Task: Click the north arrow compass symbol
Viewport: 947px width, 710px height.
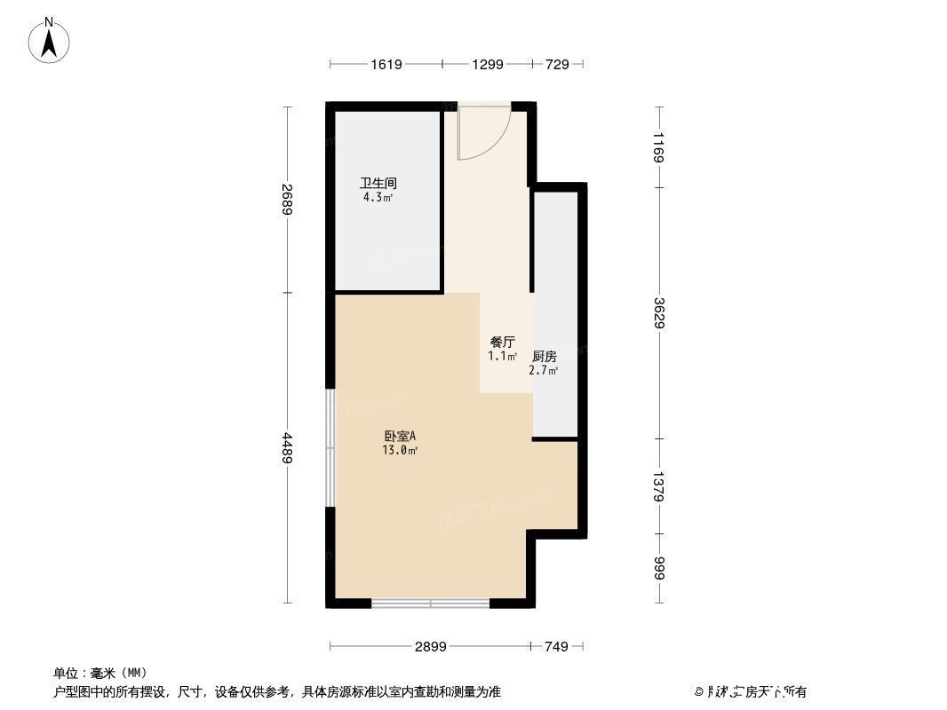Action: pyautogui.click(x=50, y=40)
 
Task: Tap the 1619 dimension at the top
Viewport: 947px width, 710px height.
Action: pyautogui.click(x=386, y=64)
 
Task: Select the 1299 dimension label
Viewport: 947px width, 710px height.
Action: pyautogui.click(x=487, y=64)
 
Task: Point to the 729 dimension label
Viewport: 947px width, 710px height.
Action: pyautogui.click(x=557, y=64)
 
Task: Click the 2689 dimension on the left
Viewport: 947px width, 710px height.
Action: pyautogui.click(x=286, y=200)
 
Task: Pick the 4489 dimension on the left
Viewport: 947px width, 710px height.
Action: pyautogui.click(x=286, y=448)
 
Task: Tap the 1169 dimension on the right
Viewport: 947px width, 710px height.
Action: pyautogui.click(x=658, y=146)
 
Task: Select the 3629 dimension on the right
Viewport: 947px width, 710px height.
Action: pyautogui.click(x=658, y=312)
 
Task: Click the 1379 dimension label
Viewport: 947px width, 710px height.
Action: pyautogui.click(x=658, y=485)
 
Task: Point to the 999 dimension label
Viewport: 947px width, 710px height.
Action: pyautogui.click(x=658, y=568)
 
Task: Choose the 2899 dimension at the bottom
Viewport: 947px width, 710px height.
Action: pyautogui.click(x=431, y=646)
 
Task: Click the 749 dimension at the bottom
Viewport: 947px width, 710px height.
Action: pyautogui.click(x=555, y=646)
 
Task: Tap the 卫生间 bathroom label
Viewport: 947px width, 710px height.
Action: pyautogui.click(x=377, y=184)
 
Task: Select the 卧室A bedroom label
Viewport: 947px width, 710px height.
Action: pyautogui.click(x=400, y=436)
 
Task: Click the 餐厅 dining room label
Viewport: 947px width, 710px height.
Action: pyautogui.click(x=502, y=342)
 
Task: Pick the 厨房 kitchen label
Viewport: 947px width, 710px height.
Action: pyautogui.click(x=544, y=356)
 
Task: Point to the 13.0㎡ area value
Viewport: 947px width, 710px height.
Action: pyautogui.click(x=400, y=450)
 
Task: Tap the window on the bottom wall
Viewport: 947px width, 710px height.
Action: pyautogui.click(x=431, y=603)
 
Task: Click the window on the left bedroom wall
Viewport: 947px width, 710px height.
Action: pyautogui.click(x=330, y=448)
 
